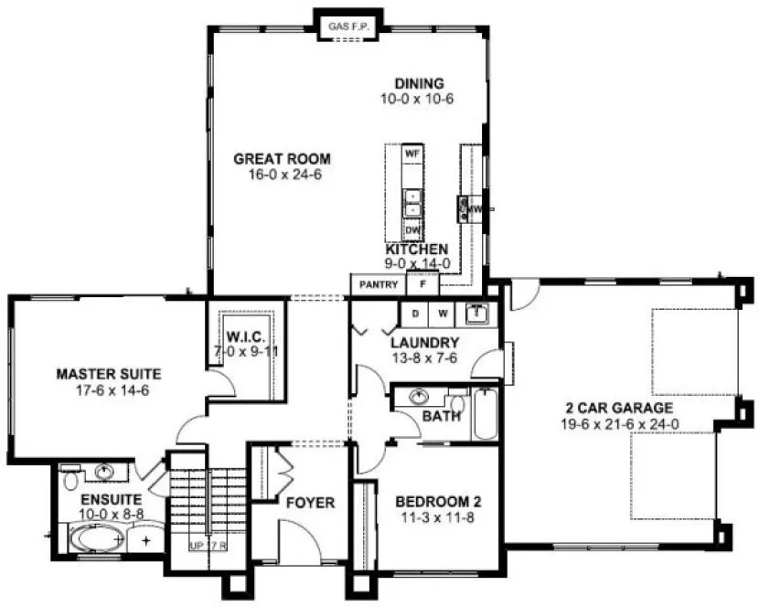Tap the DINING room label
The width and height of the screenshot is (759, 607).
pyautogui.click(x=418, y=84)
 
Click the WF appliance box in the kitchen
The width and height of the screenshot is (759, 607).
pyautogui.click(x=412, y=154)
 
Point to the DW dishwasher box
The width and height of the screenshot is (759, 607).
pyautogui.click(x=412, y=229)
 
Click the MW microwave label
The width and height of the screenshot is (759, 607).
pyautogui.click(x=475, y=210)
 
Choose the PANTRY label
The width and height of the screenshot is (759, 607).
pyautogui.click(x=378, y=285)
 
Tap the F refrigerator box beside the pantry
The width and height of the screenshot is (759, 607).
pyautogui.click(x=422, y=285)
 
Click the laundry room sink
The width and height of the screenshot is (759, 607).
pyautogui.click(x=476, y=314)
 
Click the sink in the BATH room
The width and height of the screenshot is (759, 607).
pyautogui.click(x=421, y=398)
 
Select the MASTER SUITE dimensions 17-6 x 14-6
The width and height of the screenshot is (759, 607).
pyautogui.click(x=109, y=388)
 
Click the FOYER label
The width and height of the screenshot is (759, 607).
pyautogui.click(x=310, y=503)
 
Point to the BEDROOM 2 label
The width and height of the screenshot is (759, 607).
pyautogui.click(x=437, y=502)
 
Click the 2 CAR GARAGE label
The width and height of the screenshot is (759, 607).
pyautogui.click(x=618, y=408)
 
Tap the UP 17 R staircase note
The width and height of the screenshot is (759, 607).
pyautogui.click(x=208, y=546)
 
